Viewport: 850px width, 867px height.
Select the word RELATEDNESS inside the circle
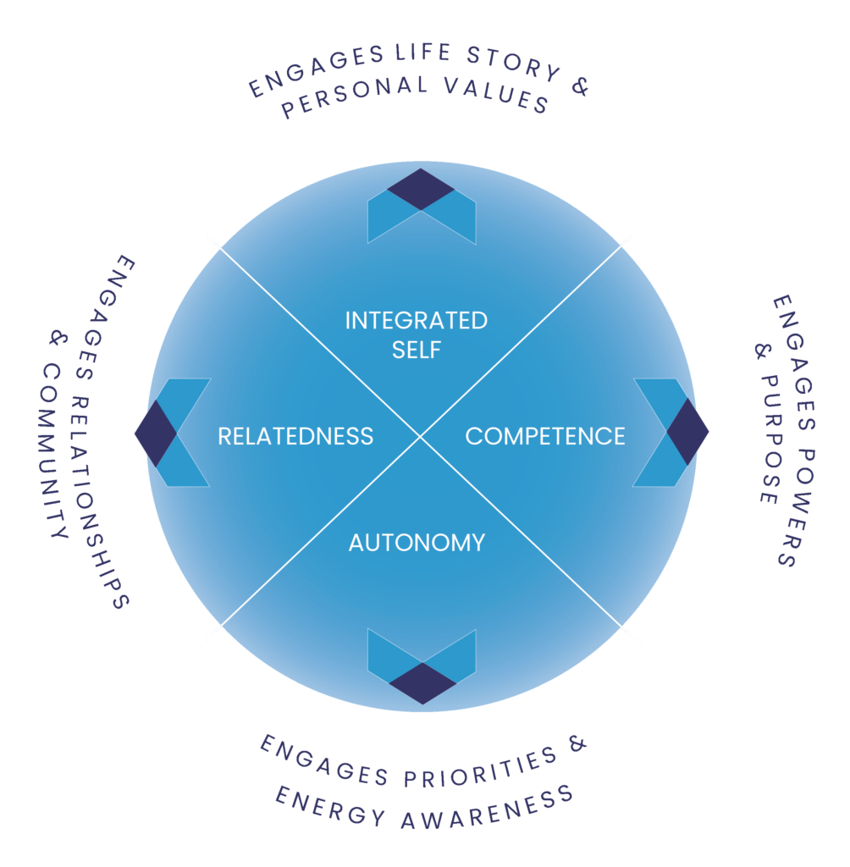(295, 436)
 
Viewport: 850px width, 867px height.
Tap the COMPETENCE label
(545, 436)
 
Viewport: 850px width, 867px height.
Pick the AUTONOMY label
(417, 543)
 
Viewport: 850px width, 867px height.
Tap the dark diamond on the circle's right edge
(687, 432)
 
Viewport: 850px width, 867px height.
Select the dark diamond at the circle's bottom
(422, 682)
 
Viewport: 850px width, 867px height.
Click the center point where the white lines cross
(421, 437)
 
